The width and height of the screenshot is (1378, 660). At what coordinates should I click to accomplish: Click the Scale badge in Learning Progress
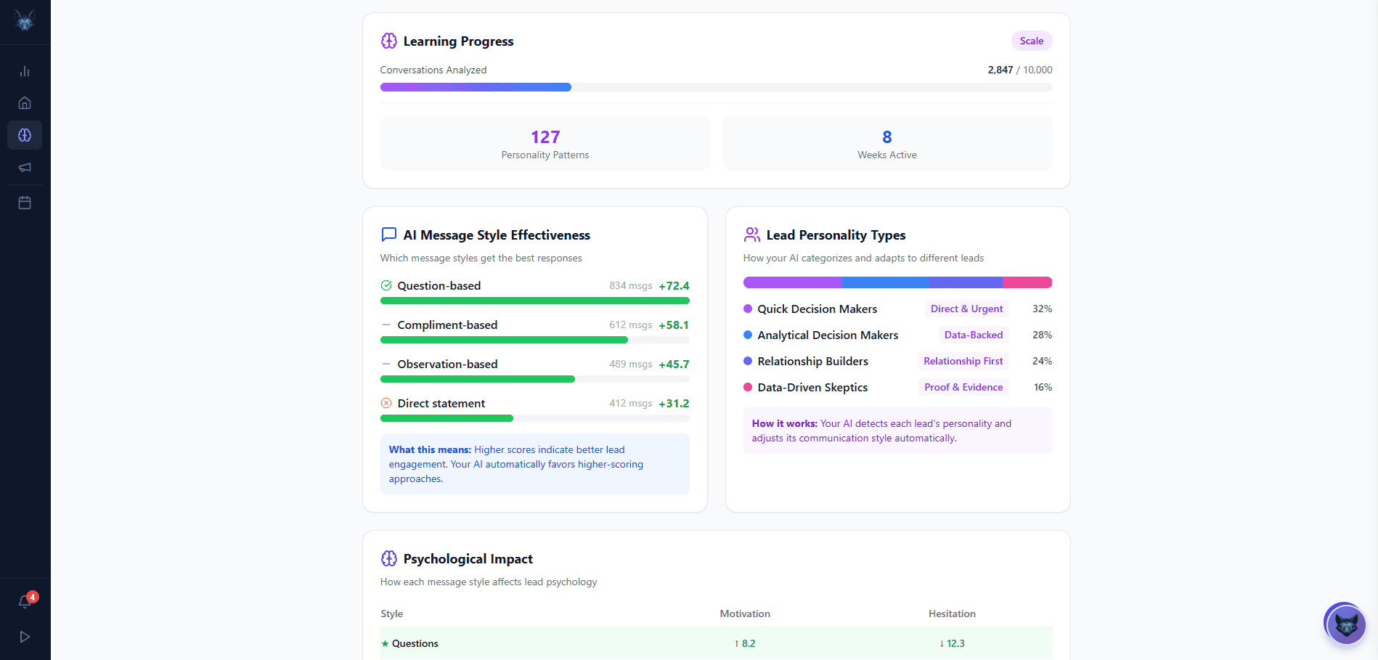pyautogui.click(x=1031, y=41)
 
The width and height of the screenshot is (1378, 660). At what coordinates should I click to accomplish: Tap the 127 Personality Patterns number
pyautogui.click(x=545, y=137)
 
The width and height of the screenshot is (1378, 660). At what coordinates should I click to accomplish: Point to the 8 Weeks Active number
pyautogui.click(x=886, y=137)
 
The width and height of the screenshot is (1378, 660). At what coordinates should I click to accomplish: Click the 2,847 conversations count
pyautogui.click(x=1000, y=70)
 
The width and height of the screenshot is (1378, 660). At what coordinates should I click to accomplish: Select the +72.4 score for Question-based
pyautogui.click(x=674, y=286)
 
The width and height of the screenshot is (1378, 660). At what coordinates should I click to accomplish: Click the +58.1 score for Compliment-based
pyautogui.click(x=674, y=325)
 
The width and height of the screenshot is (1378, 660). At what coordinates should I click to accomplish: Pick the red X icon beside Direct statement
pyautogui.click(x=386, y=403)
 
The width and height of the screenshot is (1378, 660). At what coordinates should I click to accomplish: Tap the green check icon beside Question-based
pyautogui.click(x=386, y=285)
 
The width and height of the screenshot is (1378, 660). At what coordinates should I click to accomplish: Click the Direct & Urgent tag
pyautogui.click(x=966, y=309)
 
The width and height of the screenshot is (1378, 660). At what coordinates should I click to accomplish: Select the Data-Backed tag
pyautogui.click(x=973, y=335)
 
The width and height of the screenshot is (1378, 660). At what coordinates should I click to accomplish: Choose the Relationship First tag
pyautogui.click(x=963, y=362)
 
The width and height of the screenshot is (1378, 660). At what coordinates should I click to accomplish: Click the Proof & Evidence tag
pyautogui.click(x=963, y=388)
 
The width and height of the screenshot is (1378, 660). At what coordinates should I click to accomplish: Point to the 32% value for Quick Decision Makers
pyautogui.click(x=1042, y=309)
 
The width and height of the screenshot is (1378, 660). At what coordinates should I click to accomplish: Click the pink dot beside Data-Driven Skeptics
pyautogui.click(x=748, y=387)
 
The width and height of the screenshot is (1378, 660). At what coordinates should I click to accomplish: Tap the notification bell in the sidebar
pyautogui.click(x=25, y=601)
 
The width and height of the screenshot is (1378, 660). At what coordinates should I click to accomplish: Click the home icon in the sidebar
pyautogui.click(x=25, y=103)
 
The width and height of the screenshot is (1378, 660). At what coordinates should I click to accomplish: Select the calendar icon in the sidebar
pyautogui.click(x=25, y=203)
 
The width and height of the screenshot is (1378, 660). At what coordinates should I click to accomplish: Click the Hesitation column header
pyautogui.click(x=952, y=614)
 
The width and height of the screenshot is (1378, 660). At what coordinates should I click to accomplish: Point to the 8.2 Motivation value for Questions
pyautogui.click(x=745, y=644)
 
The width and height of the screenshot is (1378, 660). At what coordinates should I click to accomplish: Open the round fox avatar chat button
pyautogui.click(x=1345, y=624)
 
